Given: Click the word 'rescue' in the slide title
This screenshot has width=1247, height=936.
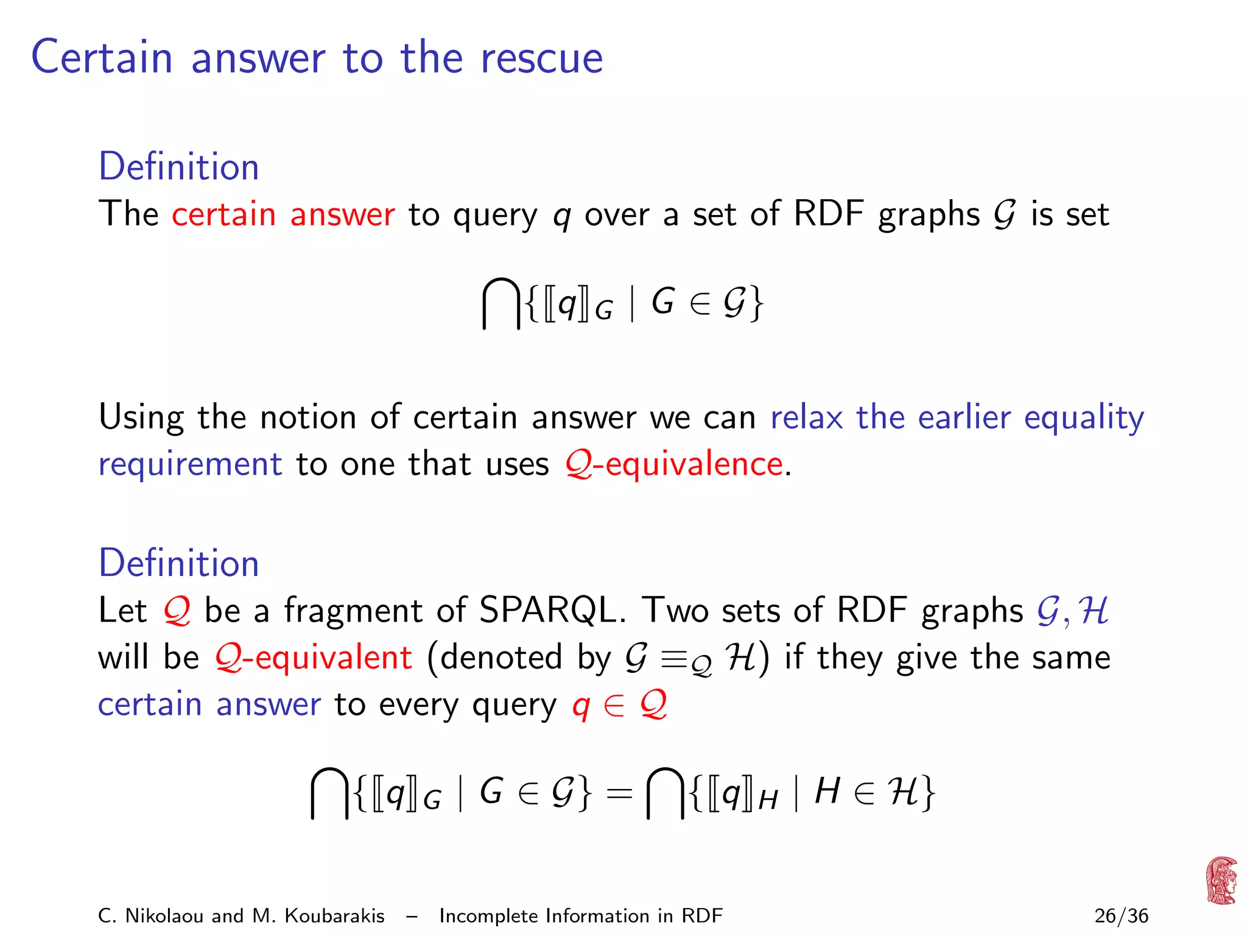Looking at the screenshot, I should (x=541, y=58).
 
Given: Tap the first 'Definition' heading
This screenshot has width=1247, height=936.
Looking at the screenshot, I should (x=178, y=166).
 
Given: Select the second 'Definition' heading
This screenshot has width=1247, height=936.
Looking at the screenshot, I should (x=178, y=562).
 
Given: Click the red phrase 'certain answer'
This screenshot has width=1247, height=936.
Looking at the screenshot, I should (x=283, y=214).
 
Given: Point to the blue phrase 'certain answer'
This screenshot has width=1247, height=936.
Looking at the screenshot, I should (x=209, y=704).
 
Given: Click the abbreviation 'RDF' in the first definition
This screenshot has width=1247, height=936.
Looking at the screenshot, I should (x=828, y=214).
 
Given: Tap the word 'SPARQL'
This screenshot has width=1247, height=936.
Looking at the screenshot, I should (x=547, y=610).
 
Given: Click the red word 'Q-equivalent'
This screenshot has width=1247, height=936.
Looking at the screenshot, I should (x=314, y=658).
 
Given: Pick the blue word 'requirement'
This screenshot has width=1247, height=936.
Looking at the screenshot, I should (x=190, y=464).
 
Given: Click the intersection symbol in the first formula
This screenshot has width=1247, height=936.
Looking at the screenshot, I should (x=501, y=303).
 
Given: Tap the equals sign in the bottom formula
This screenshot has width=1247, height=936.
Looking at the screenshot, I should (x=619, y=793).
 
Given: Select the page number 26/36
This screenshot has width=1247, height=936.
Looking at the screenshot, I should (x=1121, y=915).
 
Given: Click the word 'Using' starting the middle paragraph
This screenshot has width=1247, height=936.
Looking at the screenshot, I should (x=141, y=418).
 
